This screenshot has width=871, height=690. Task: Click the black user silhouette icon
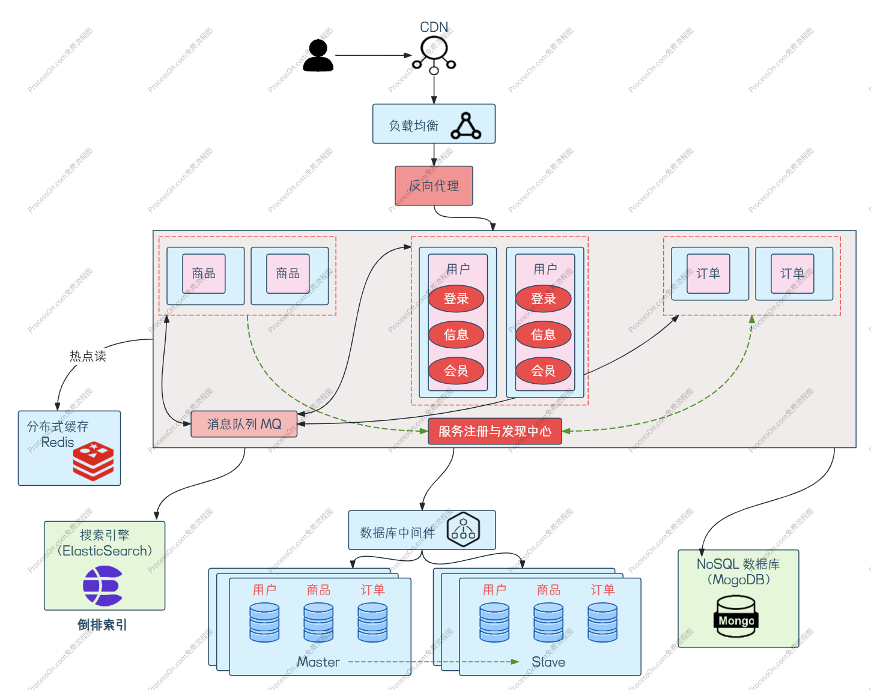[x=318, y=55]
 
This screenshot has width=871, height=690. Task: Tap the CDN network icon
[x=434, y=55]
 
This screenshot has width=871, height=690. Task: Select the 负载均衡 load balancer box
[x=434, y=124]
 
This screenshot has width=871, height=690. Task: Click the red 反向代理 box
[x=434, y=186]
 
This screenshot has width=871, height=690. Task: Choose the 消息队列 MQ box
[x=244, y=424]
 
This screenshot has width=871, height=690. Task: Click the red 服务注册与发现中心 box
[x=494, y=431]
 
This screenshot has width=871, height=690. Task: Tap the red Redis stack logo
[x=94, y=461]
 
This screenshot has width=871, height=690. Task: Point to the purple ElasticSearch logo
[x=103, y=586]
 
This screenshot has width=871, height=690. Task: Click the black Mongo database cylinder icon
[x=736, y=616]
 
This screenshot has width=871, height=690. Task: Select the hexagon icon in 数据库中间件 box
[x=463, y=530]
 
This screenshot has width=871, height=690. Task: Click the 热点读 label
[x=88, y=356]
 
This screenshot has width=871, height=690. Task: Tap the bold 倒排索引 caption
[x=102, y=625]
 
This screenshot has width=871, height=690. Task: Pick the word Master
[x=318, y=662]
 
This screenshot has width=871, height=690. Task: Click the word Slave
[x=548, y=662]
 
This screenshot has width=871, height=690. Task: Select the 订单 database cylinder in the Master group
[x=372, y=622]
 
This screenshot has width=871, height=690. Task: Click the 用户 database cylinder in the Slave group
[x=494, y=622]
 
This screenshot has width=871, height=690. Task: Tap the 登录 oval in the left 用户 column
[x=456, y=298]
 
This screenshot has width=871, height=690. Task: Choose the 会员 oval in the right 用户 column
[x=543, y=371]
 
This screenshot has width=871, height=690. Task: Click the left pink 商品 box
[x=204, y=274]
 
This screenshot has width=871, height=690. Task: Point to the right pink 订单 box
[x=792, y=274]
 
